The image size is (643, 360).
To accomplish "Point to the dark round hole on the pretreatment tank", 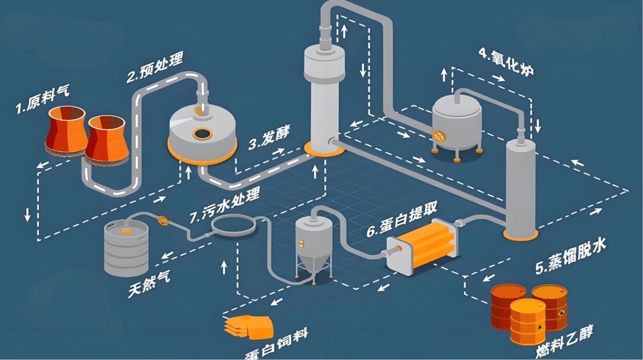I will tap(201, 133).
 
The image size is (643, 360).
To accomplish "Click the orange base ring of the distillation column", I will tap(520, 234).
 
